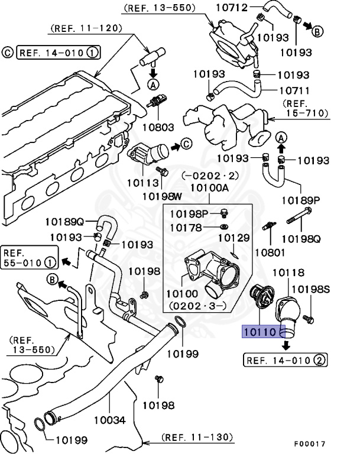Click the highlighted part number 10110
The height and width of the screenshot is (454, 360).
coord(261,332)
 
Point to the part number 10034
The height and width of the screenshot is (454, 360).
coord(110,420)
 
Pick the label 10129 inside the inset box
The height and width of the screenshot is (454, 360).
coord(233,238)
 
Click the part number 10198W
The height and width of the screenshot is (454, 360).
coord(161,196)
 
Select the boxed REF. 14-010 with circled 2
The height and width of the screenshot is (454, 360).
coord(286,359)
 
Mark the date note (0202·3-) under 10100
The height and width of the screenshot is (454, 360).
coord(196,307)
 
